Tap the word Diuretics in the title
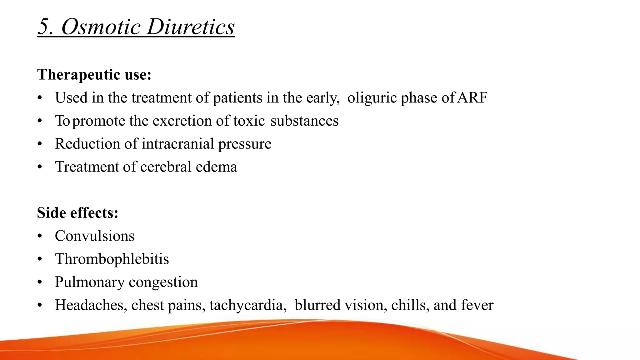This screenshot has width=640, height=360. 191,27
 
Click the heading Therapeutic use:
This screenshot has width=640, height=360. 94,74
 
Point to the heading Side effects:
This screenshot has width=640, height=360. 77,213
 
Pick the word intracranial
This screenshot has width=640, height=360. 178,144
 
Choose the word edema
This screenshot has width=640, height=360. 216,167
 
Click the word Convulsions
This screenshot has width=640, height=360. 95,236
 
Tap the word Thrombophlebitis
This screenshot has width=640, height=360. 112,259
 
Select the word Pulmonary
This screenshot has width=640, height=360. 90,282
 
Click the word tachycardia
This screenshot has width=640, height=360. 246,305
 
